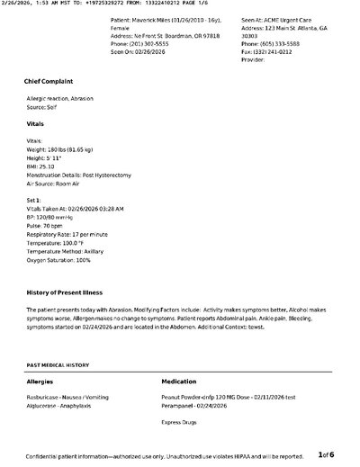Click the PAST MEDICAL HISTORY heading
click(58, 366)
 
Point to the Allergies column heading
click(40, 382)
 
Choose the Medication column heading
click(178, 382)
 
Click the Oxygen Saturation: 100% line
click(59, 259)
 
